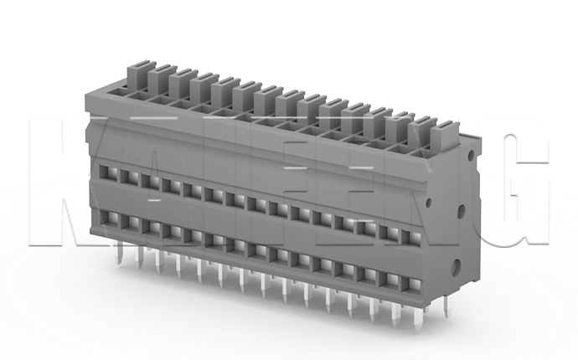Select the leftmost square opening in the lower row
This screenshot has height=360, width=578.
tap(106, 219)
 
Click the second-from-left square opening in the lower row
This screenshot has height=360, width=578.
tap(126, 224)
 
